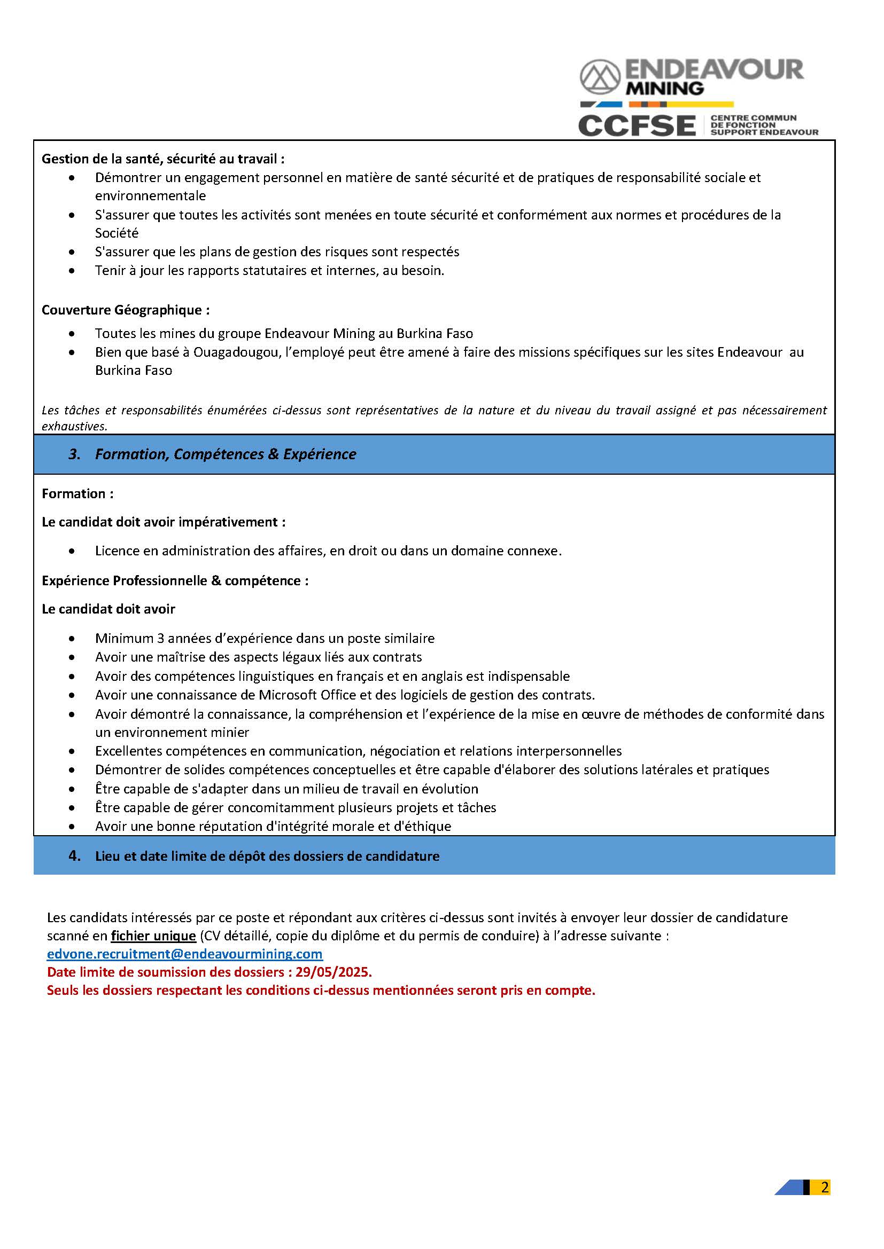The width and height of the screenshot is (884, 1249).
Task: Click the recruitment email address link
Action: (184, 954)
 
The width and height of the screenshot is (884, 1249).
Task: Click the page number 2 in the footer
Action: (825, 1187)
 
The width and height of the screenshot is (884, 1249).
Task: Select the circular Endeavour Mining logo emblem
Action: (600, 77)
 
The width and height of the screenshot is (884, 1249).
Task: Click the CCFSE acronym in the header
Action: (637, 125)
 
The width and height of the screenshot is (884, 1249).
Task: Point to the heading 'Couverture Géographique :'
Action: (126, 310)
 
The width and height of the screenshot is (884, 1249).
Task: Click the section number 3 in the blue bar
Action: (75, 454)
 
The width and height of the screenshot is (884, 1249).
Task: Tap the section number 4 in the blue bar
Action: (75, 855)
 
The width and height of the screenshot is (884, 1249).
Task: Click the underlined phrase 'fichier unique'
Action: (153, 936)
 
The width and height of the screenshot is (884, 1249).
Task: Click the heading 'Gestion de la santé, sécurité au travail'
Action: (163, 159)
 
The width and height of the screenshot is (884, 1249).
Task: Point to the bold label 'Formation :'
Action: (78, 493)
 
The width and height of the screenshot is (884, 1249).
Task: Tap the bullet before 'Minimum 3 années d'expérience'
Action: (72, 638)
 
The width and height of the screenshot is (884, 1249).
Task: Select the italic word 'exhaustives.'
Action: (75, 427)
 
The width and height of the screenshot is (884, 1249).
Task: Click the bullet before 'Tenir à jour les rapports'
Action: (72, 270)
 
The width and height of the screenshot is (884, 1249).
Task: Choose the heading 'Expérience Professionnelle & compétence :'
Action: (175, 580)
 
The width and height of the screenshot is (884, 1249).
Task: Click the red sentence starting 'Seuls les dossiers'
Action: (321, 990)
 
